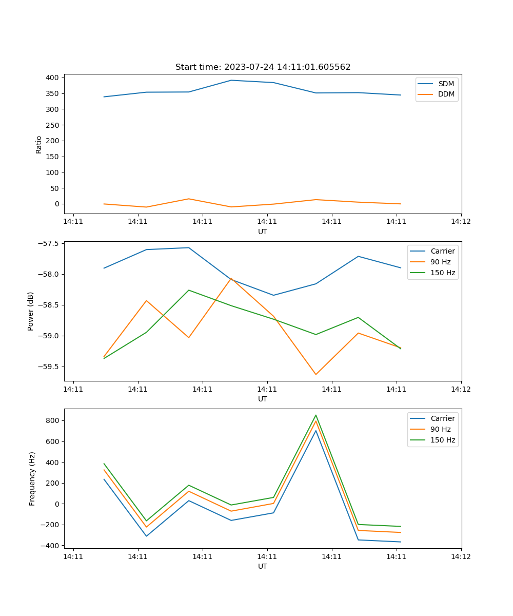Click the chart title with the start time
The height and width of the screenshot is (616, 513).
coord(263,67)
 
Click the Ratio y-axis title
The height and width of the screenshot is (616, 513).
coord(39,144)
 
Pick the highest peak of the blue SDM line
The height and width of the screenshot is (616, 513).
coord(231,80)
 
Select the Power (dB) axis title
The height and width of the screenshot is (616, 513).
coord(31,311)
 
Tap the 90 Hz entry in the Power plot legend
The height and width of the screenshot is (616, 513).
coord(440,262)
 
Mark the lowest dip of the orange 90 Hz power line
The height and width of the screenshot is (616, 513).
coord(315,374)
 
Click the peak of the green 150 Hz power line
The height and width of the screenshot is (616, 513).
coord(189,290)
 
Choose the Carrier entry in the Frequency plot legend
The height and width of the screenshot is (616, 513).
coord(442,418)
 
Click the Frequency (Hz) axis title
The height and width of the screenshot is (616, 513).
coord(32,478)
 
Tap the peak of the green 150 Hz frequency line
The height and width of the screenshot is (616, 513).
coord(316,415)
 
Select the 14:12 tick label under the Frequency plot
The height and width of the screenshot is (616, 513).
coord(461,556)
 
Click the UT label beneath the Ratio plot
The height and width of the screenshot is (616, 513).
coord(263,232)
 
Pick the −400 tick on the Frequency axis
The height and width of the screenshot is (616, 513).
coord(51,546)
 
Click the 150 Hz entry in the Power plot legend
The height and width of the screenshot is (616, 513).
coord(442,273)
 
